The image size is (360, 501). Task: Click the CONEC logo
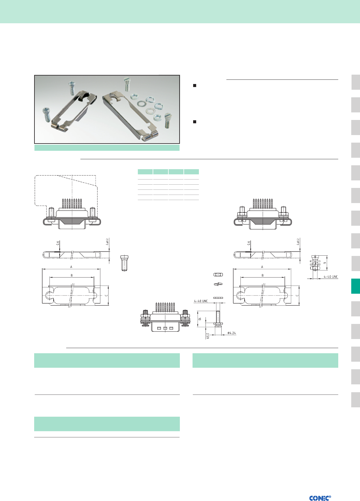point(320,498)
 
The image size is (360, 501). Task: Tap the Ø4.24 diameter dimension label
point(232,333)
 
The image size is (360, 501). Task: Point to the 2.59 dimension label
point(208,336)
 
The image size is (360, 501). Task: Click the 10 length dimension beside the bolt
point(199,319)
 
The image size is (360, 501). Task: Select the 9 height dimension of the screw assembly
point(325,263)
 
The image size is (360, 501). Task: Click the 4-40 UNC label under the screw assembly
point(331,277)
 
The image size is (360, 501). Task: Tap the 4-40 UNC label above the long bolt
point(201,301)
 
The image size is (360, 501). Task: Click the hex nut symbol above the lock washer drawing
point(218,274)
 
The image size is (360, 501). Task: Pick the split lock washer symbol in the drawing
point(218,284)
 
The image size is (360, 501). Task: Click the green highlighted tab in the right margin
point(355,286)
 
